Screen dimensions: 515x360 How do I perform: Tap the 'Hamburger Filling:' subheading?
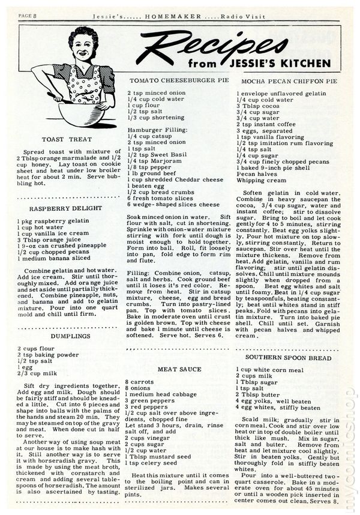point(154,129)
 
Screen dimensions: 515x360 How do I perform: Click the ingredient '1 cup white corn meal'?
point(270,370)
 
